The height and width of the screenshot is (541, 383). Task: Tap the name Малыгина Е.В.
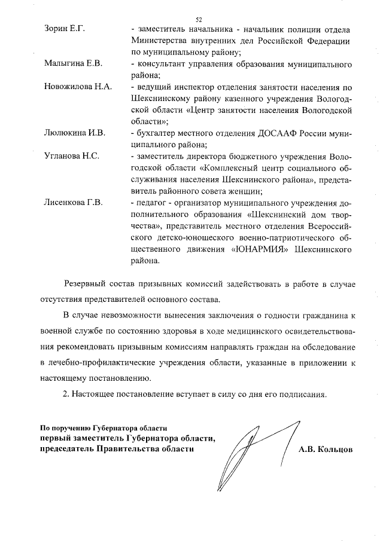pyautogui.click(x=74, y=64)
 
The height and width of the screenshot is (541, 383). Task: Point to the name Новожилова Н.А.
pyautogui.click(x=78, y=87)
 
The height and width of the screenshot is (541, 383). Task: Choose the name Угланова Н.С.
pyautogui.click(x=72, y=157)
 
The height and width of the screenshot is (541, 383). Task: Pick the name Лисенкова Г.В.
pyautogui.click(x=74, y=203)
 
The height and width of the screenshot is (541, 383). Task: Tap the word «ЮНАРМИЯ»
pyautogui.click(x=260, y=249)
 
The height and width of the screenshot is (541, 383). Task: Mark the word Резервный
pyautogui.click(x=86, y=284)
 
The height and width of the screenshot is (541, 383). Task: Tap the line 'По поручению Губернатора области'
pyautogui.click(x=103, y=428)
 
